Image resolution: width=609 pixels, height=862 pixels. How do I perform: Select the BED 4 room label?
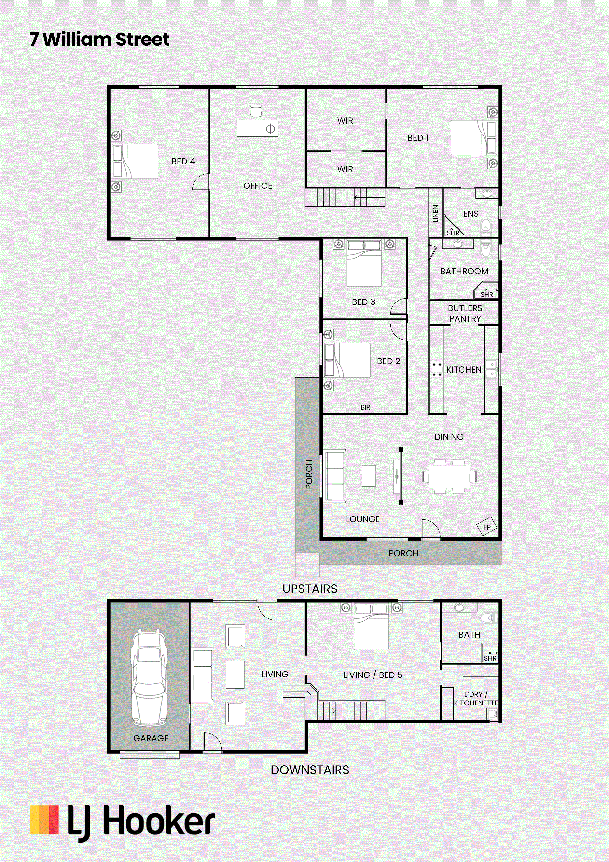(x=183, y=161)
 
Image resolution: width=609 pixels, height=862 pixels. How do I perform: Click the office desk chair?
(x=256, y=111)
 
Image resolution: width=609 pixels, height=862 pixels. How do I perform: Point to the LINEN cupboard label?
(x=435, y=214)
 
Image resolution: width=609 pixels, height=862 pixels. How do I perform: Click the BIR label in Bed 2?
(x=365, y=407)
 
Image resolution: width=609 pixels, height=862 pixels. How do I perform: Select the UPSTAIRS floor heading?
(x=310, y=589)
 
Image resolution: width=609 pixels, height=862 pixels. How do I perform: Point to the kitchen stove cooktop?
(x=436, y=369)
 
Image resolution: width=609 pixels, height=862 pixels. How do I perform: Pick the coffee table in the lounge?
(x=369, y=476)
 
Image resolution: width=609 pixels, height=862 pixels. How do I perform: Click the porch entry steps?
(x=307, y=565)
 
